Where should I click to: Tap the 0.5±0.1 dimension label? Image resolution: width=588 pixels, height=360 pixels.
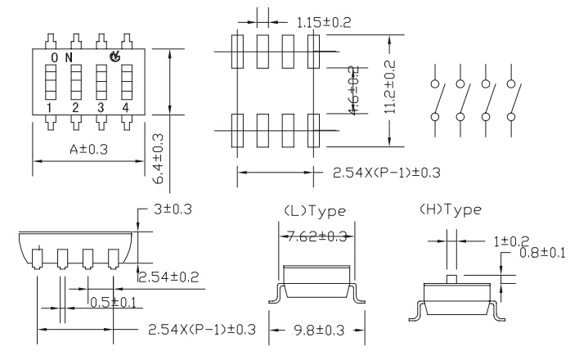(x=113, y=303)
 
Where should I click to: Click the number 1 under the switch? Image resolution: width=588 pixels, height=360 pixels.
(x=49, y=108)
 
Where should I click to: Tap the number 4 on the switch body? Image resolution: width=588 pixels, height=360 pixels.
(x=125, y=108)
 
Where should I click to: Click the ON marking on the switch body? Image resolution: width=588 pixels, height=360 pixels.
(x=61, y=57)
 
